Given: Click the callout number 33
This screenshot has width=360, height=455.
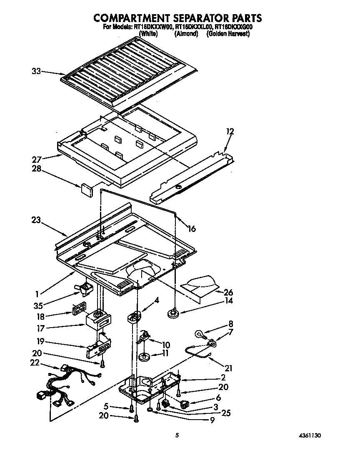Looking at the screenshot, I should tap(37, 71).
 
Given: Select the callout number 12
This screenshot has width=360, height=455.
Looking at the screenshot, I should tap(230, 132).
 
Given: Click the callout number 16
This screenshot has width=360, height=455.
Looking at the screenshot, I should tap(191, 229).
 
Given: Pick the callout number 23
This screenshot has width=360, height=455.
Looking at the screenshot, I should tap(36, 220).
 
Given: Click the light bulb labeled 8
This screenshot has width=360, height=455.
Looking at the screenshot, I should tap(199, 334).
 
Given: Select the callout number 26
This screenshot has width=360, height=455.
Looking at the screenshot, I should tap(228, 292).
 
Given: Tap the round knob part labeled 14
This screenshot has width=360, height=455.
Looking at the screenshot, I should tap(172, 313).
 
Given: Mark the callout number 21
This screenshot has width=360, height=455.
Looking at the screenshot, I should tap(228, 368).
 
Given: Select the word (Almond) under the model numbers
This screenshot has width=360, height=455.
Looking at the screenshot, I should tap(186, 34).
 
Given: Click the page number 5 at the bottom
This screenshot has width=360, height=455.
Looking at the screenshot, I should tap(177, 436).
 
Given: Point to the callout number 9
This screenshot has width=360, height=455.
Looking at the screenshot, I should tap(212, 421).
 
